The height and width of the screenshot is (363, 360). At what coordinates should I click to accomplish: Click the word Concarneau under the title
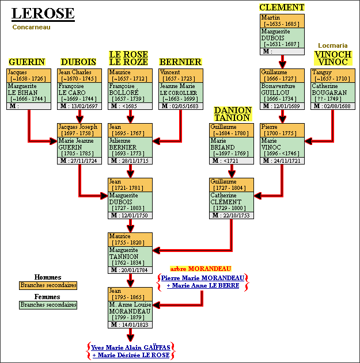(x=30, y=26)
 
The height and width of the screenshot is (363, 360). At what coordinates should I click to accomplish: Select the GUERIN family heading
(x=26, y=62)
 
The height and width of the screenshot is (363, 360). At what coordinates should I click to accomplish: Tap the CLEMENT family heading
(x=282, y=7)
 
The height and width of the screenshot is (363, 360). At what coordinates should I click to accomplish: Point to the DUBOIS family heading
(x=78, y=62)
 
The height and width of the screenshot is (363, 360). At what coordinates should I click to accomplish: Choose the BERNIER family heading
(x=180, y=62)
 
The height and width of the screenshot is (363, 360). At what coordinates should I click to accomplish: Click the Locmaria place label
(x=332, y=45)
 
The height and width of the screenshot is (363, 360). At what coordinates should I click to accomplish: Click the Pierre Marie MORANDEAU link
(x=203, y=278)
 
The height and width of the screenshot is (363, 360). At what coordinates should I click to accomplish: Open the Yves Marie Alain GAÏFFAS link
(x=132, y=347)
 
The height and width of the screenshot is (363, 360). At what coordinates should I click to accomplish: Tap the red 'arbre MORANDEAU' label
(x=200, y=268)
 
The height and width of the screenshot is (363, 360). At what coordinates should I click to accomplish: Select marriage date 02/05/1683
(x=183, y=106)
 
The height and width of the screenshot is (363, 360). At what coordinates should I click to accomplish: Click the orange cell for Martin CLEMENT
(x=281, y=21)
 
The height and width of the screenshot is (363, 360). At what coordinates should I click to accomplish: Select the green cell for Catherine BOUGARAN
(x=332, y=93)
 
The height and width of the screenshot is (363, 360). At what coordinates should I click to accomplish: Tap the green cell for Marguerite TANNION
(x=130, y=257)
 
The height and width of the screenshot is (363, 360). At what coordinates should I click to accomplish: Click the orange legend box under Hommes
(x=48, y=285)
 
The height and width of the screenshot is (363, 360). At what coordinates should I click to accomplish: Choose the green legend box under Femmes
(x=48, y=305)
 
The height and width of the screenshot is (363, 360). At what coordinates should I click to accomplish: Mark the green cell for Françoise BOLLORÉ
(x=130, y=93)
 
